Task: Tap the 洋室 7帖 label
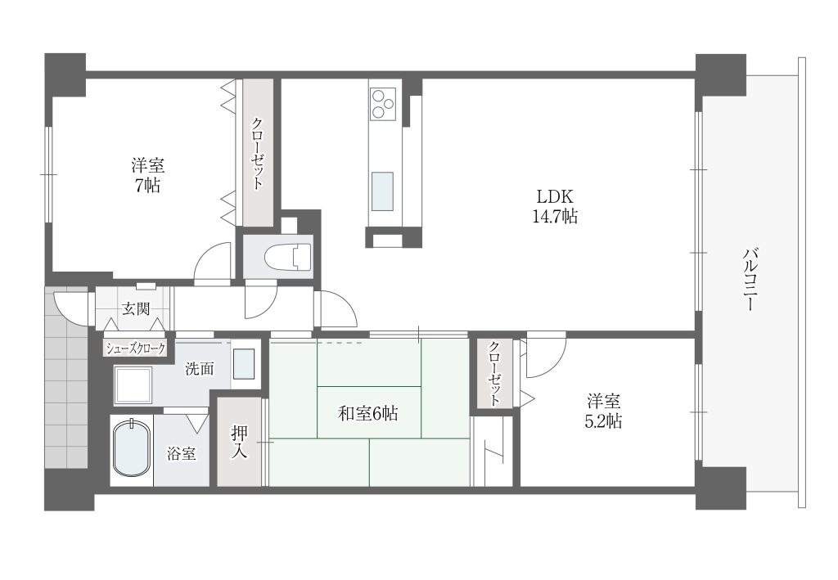147,175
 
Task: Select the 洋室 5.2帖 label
603,411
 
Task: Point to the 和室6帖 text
367,413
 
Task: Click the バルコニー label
750,279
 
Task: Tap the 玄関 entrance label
136,308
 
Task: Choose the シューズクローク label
136,348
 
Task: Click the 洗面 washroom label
200,368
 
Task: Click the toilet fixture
287,257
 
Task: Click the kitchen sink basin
382,191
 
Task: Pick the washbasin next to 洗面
244,364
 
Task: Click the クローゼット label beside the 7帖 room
257,153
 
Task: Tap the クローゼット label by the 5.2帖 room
494,373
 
